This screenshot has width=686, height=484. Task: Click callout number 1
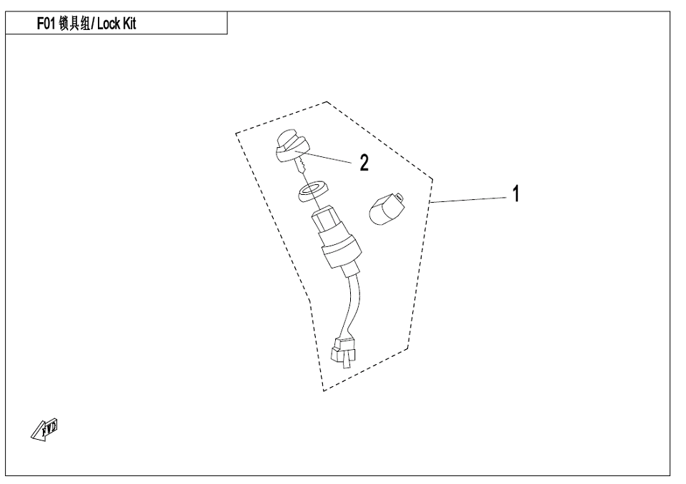pyautogui.click(x=515, y=193)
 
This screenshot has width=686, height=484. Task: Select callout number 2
pyautogui.click(x=364, y=163)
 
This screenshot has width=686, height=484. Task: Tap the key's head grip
pyautogui.click(x=289, y=146)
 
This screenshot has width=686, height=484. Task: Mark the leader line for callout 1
pyautogui.click(x=468, y=198)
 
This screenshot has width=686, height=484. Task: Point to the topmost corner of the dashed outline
pyautogui.click(x=327, y=102)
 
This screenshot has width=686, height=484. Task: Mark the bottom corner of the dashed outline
pyautogui.click(x=324, y=390)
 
